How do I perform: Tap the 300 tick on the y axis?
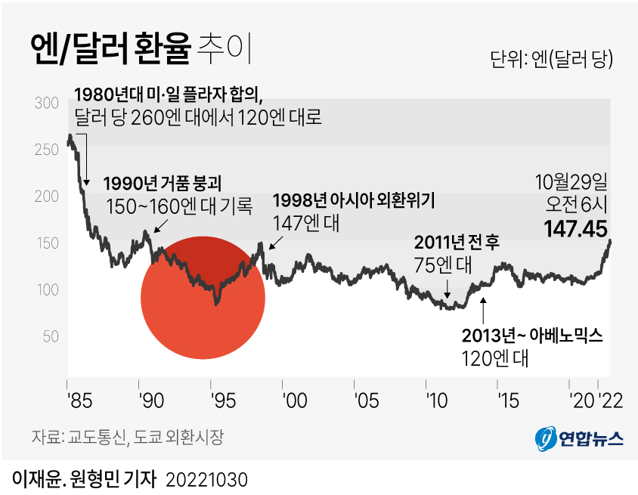pyautogui.click(x=47, y=103)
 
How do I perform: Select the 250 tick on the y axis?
pyautogui.click(x=47, y=150)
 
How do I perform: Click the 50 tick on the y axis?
pyautogui.click(x=50, y=336)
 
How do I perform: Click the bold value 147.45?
pyautogui.click(x=576, y=228)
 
